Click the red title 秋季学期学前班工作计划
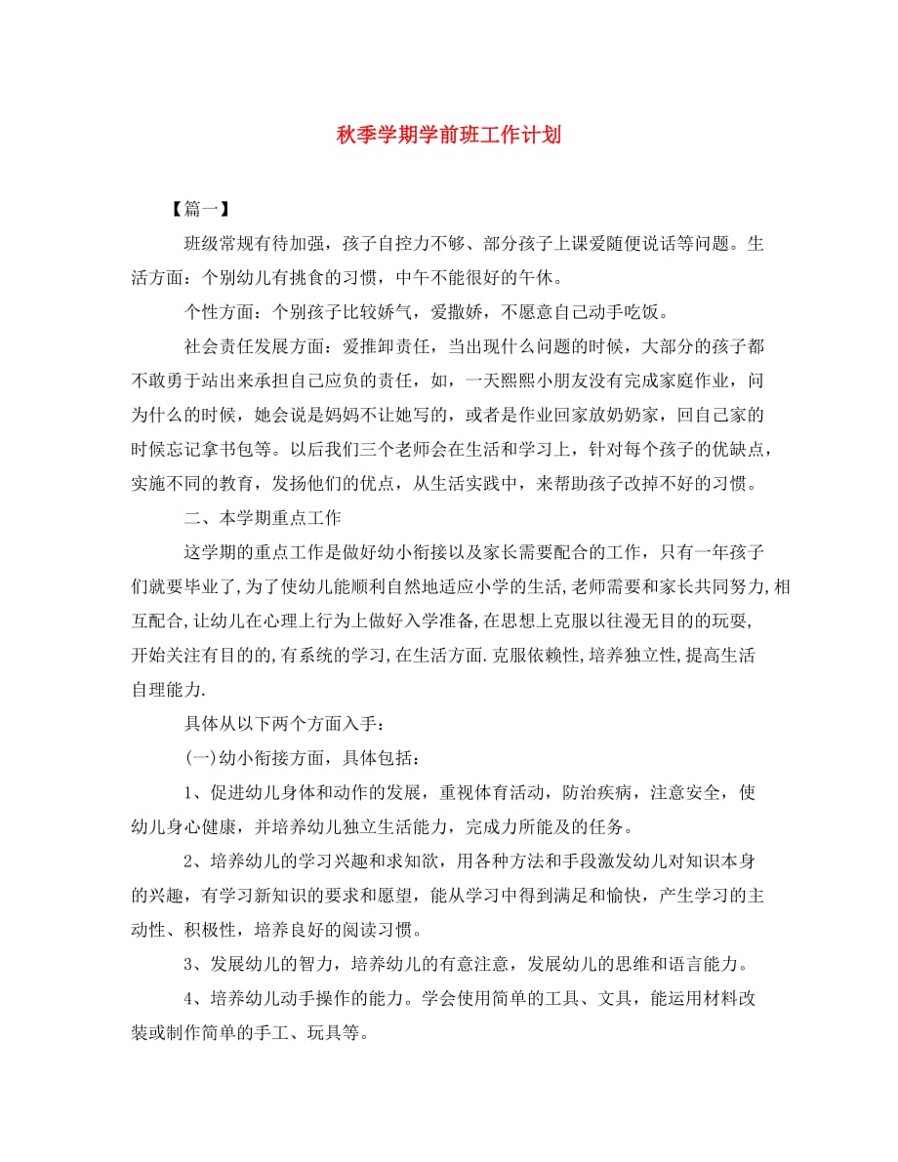click(448, 135)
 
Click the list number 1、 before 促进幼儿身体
click(195, 792)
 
